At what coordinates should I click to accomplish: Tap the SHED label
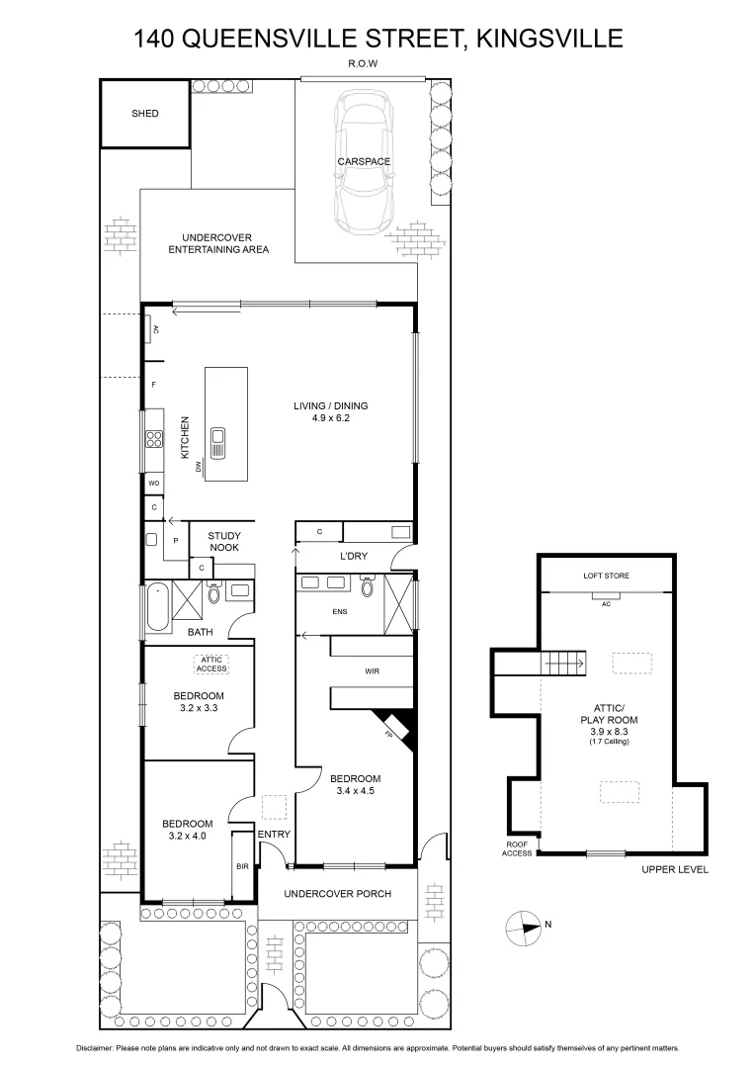point(145,114)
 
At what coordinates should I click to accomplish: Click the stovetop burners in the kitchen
point(154,439)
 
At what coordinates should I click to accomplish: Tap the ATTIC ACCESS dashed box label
point(211,664)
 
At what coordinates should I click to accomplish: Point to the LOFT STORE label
point(606,576)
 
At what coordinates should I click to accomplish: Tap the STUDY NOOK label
point(223,542)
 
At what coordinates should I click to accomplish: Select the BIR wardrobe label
point(242,866)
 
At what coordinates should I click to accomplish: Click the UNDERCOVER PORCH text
point(337,894)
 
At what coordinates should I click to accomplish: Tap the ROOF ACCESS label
point(516,847)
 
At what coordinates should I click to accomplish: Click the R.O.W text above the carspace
point(364,63)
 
